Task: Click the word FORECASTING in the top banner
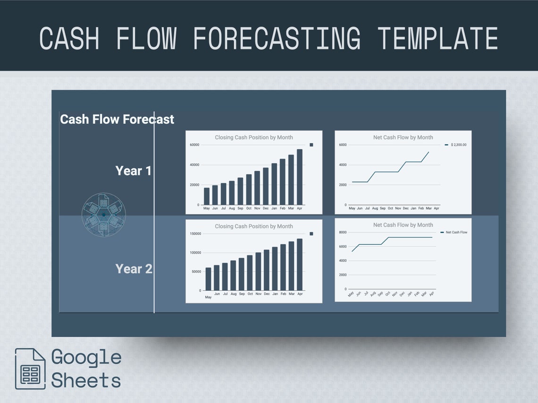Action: pos(277,39)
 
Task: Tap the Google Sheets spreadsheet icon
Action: pos(30,369)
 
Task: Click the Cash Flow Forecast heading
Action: pos(117,119)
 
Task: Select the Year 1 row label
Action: pos(134,171)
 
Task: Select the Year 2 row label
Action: pos(134,269)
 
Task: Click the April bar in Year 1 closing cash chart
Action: pos(300,177)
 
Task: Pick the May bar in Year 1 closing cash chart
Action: pos(207,196)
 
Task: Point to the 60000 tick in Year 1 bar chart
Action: pos(194,145)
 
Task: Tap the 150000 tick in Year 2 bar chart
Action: pos(195,234)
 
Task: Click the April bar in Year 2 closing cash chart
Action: pos(300,264)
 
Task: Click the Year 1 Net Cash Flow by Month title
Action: pos(403,138)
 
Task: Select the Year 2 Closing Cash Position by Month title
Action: pos(254,226)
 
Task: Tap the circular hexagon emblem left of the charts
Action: pos(104,214)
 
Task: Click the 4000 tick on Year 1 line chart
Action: pos(343,165)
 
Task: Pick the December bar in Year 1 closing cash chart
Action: pos(266,186)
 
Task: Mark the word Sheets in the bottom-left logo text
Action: pos(86,380)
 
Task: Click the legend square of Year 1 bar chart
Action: pos(311,145)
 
